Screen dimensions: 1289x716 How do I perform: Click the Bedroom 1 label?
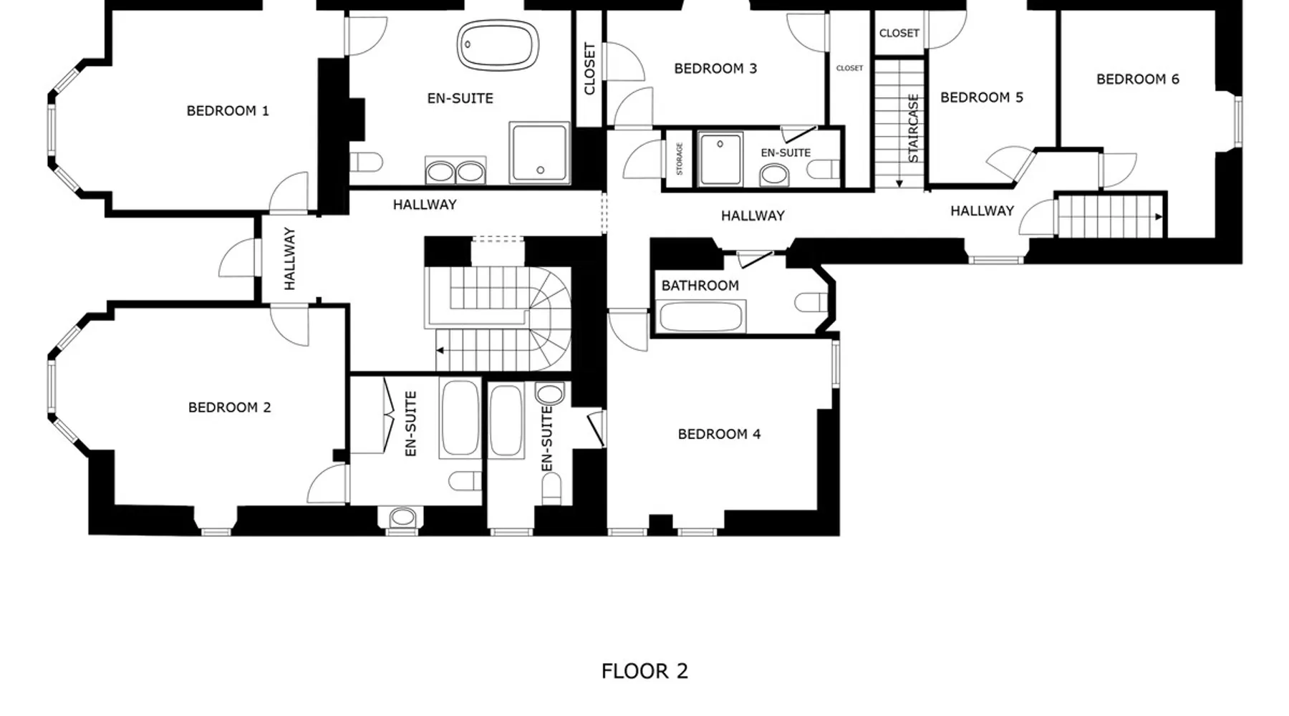pyautogui.click(x=228, y=111)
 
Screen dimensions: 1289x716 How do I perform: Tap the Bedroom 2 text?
pyautogui.click(x=229, y=407)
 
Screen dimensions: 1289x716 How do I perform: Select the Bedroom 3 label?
pyautogui.click(x=715, y=69)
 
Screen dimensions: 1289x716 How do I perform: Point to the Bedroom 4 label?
pyautogui.click(x=719, y=434)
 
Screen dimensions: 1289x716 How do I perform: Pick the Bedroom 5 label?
pyautogui.click(x=982, y=97)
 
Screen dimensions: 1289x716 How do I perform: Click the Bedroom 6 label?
pyautogui.click(x=1137, y=79)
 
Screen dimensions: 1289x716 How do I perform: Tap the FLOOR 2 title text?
pyautogui.click(x=644, y=671)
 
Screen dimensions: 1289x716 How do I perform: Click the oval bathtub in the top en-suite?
pyautogui.click(x=498, y=45)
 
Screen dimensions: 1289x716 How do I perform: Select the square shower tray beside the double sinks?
pyautogui.click(x=539, y=153)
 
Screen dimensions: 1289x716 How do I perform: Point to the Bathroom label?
pyautogui.click(x=700, y=286)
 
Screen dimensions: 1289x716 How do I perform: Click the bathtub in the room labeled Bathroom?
pyautogui.click(x=700, y=316)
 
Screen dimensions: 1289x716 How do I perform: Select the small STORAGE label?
pyautogui.click(x=680, y=158)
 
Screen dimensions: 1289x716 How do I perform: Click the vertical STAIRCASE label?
pyautogui.click(x=913, y=128)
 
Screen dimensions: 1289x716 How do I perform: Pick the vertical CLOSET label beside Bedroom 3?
pyautogui.click(x=590, y=69)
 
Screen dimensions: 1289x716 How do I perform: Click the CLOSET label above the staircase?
pyautogui.click(x=899, y=33)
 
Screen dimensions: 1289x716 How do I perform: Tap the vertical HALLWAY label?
pyautogui.click(x=289, y=258)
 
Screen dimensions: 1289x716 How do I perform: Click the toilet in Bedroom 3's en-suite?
pyautogui.click(x=824, y=170)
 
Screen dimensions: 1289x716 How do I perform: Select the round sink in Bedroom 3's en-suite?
pyautogui.click(x=774, y=174)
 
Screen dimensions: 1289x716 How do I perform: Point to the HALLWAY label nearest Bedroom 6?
pyautogui.click(x=982, y=211)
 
